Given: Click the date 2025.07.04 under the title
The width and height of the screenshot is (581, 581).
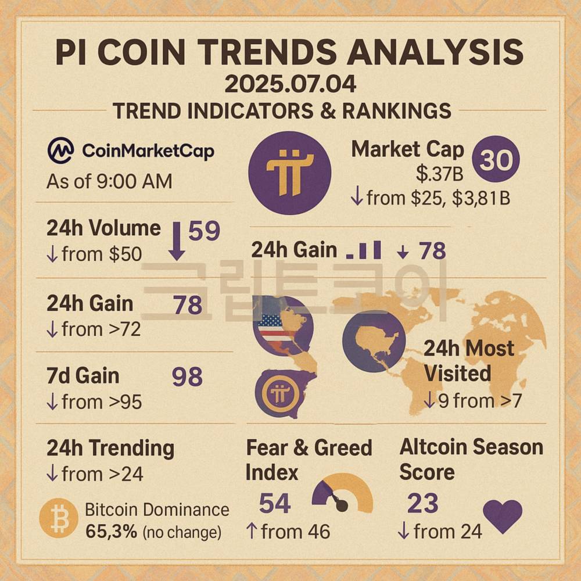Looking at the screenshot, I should click(x=290, y=84).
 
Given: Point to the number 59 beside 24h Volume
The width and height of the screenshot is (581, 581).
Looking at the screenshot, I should click(x=204, y=231).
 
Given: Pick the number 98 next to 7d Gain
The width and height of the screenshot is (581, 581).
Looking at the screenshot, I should click(x=187, y=377).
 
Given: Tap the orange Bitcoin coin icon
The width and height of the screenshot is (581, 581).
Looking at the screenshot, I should click(x=59, y=518).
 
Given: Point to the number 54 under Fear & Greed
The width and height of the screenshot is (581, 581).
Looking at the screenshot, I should click(x=275, y=503).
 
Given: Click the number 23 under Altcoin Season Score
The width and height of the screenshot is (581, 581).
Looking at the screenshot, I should click(x=422, y=503).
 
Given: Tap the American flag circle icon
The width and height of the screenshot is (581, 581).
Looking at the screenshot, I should click(x=282, y=325).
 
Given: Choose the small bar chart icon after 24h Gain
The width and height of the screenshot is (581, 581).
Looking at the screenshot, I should click(x=364, y=250).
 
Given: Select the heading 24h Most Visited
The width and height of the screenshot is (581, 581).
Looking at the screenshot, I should click(x=468, y=360).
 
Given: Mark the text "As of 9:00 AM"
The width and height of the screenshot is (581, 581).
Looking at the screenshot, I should click(x=109, y=181).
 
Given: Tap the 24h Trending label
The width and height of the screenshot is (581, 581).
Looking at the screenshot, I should click(x=110, y=449).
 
